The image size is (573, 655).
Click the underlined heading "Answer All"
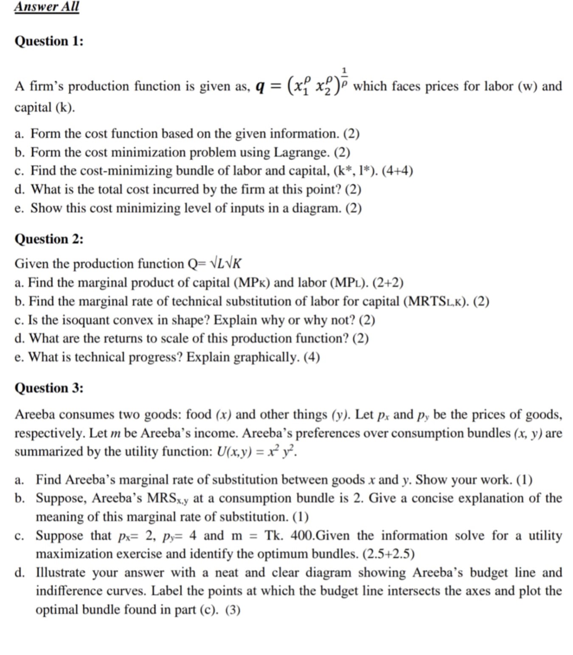pyautogui.click(x=47, y=7)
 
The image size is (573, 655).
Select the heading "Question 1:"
pyautogui.click(x=49, y=41)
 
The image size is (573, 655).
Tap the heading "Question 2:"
pyautogui.click(x=49, y=239)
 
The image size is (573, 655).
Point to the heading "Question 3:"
pyautogui.click(x=49, y=388)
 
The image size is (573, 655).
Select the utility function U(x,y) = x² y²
pyautogui.click(x=257, y=451)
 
